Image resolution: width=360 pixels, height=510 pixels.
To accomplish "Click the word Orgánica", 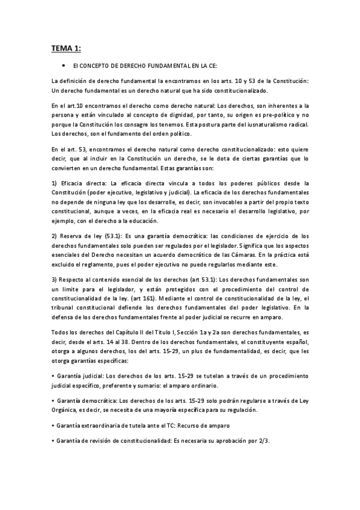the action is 68,410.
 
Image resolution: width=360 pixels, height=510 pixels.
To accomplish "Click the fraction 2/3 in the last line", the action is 261,441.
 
